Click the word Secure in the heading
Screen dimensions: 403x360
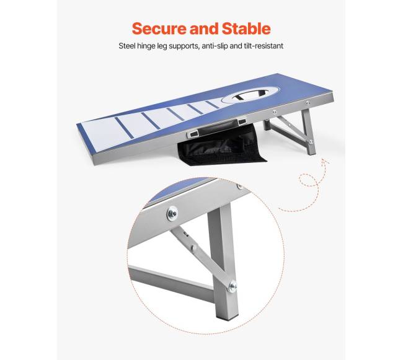coord(159,29)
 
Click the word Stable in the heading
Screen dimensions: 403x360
coord(246,29)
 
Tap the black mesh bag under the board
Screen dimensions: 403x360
coord(223,147)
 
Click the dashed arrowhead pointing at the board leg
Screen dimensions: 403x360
coord(326,161)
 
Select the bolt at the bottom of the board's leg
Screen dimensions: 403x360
coord(311,141)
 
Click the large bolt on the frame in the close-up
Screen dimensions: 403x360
coord(172,214)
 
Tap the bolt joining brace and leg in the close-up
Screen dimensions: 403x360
coord(232,286)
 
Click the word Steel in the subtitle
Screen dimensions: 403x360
coord(126,46)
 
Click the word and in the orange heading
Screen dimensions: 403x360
coord(205,29)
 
